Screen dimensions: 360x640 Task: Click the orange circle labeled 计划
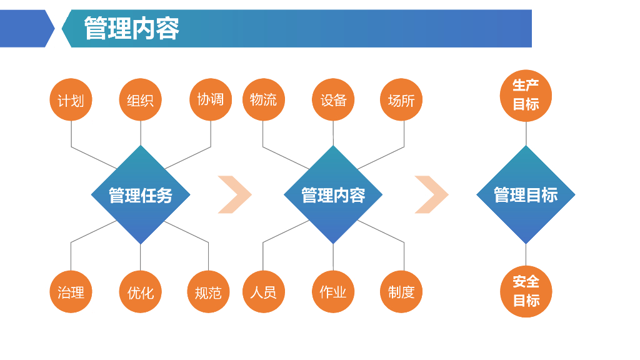[x=71, y=100]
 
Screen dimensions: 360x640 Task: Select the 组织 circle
[x=140, y=100]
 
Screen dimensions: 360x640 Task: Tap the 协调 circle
[x=210, y=99]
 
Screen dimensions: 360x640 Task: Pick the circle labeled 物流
[x=263, y=99]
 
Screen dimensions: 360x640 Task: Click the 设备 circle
[x=333, y=100]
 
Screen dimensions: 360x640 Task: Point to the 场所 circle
[x=401, y=100]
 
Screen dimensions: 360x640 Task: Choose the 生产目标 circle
[x=526, y=96]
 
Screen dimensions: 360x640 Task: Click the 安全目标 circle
[x=526, y=291]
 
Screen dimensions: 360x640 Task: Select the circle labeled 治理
[x=71, y=292]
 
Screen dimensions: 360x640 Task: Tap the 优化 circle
[x=140, y=292]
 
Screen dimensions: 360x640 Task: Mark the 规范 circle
[x=208, y=292]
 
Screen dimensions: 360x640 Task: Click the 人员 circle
[x=263, y=292]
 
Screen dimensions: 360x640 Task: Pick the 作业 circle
[x=333, y=292]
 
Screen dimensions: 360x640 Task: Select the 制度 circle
[x=401, y=292]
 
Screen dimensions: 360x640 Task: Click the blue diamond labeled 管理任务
[x=141, y=195]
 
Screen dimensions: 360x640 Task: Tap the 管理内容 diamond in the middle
[x=333, y=195]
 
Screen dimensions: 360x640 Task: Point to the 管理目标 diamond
[x=526, y=195]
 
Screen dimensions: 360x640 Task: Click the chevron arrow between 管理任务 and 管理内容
[x=236, y=195]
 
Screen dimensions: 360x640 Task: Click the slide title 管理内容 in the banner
[x=131, y=29]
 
